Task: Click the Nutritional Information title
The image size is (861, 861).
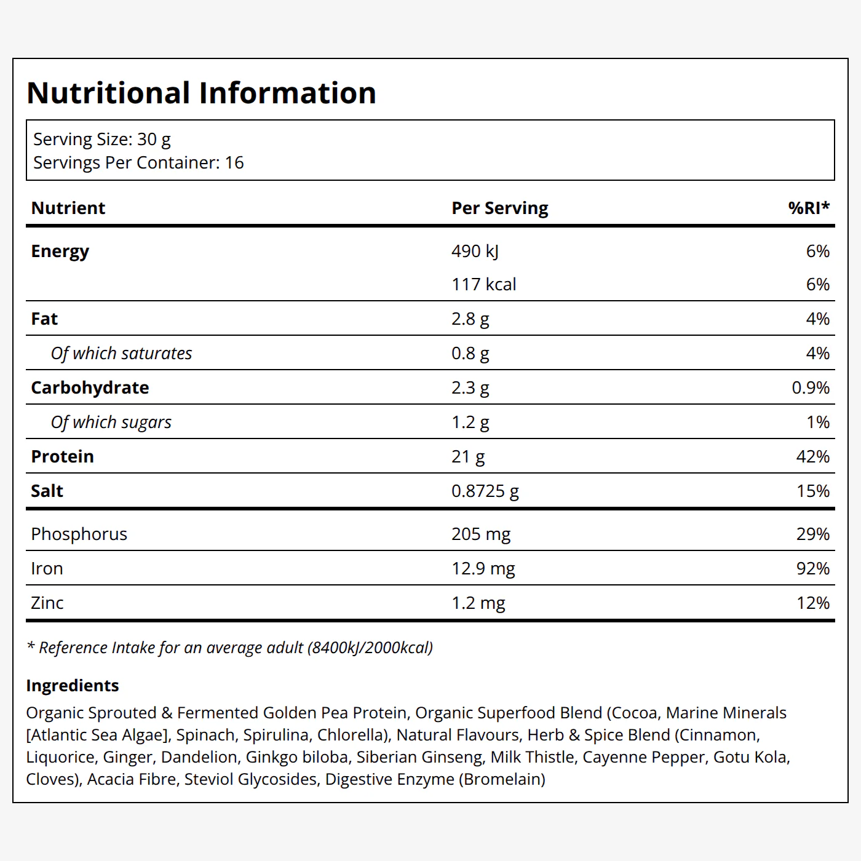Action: coord(201,93)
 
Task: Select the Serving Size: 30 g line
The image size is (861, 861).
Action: coord(102,140)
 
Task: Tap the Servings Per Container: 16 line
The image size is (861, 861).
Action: coord(138,163)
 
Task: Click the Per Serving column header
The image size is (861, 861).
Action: coord(499,208)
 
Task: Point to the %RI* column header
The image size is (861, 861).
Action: coord(809,208)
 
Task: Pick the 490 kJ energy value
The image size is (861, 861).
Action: coord(475,252)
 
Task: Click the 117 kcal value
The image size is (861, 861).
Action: coord(483,285)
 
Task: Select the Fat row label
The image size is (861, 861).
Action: coord(44,319)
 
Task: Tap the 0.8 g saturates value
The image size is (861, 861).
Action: coord(470,354)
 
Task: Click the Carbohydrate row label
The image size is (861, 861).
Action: coord(90,388)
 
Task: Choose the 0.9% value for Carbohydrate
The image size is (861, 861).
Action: coord(811,388)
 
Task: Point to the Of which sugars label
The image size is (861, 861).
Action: coord(111,423)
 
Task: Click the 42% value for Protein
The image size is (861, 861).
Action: coord(813,457)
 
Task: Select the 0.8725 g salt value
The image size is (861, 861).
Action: coord(485,491)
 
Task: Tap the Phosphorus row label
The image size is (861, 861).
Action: coord(79,534)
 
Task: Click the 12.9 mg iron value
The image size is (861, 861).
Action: coord(483,569)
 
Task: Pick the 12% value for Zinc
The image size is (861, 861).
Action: coord(813,603)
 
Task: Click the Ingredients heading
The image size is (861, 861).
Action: coord(73,685)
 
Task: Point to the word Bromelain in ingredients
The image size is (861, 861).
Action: coord(502,779)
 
